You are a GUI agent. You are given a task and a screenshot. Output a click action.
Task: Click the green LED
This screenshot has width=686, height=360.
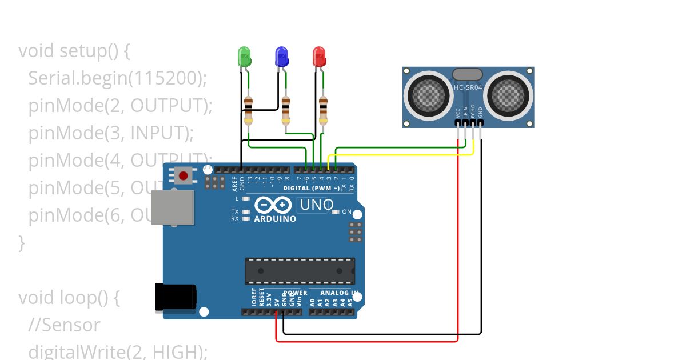pos(244,57)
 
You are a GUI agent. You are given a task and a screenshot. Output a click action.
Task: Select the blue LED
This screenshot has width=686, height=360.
pos(282,57)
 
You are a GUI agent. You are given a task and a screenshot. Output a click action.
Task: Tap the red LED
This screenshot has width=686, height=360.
pos(319,57)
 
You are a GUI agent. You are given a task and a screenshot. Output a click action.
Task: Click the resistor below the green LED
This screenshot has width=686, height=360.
pos(248,110)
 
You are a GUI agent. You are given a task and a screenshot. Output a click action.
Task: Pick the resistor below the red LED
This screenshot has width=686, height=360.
pos(323,110)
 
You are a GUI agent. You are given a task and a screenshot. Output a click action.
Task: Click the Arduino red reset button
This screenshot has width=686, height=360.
pos(184,175)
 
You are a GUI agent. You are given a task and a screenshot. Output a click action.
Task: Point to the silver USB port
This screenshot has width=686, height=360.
pos(171,207)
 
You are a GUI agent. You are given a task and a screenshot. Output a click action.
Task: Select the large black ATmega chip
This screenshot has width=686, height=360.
pos(300,271)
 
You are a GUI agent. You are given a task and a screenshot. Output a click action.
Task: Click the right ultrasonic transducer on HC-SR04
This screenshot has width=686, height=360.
pos(506,95)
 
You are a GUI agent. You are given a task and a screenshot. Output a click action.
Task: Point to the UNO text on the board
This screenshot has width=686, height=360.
pos(316,205)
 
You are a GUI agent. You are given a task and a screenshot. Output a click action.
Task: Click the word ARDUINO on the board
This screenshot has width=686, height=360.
pos(275,219)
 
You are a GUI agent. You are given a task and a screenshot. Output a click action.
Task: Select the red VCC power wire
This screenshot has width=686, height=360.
pos(458,240)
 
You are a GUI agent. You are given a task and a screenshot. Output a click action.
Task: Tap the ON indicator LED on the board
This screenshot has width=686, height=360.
pos(336,212)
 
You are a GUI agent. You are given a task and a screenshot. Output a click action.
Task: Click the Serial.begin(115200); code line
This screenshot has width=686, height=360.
pos(117,78)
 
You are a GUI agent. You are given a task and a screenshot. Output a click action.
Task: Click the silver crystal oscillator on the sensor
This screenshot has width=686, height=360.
pos(468,74)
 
